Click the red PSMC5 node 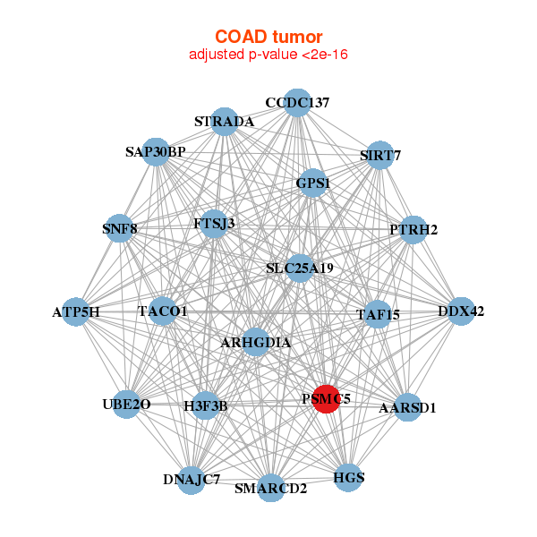(x=326, y=399)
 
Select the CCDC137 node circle (x=297, y=103)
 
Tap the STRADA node (x=225, y=122)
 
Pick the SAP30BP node (x=156, y=152)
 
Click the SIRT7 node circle (x=379, y=155)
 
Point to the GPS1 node (x=313, y=183)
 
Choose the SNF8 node (x=120, y=228)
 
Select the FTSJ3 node (x=215, y=224)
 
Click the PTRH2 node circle (x=413, y=230)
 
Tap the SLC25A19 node (x=300, y=268)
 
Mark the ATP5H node (x=76, y=311)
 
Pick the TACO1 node (x=162, y=311)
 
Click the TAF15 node (x=378, y=314)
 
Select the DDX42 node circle (x=461, y=311)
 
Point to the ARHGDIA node (x=255, y=342)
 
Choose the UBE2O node (x=126, y=405)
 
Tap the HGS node (x=348, y=477)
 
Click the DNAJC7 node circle (x=192, y=480)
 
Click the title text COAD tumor (x=268, y=37)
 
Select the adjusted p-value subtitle (x=268, y=55)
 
